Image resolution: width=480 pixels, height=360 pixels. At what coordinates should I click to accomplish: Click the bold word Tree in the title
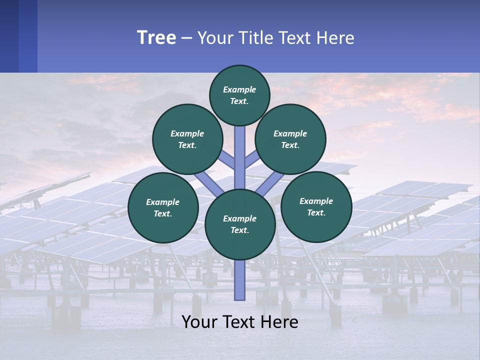(x=156, y=38)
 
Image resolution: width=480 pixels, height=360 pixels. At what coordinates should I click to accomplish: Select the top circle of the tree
(x=239, y=95)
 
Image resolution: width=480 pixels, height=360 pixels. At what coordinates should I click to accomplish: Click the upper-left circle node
(x=187, y=139)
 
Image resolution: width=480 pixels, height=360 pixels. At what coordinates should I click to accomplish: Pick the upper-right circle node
(x=290, y=139)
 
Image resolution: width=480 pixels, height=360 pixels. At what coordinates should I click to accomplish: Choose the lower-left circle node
(x=162, y=207)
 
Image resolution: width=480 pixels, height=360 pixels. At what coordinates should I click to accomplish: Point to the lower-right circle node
(x=316, y=206)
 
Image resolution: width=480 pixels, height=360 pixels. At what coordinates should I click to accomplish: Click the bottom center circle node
(x=239, y=224)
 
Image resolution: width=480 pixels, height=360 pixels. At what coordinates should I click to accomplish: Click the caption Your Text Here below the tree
(x=239, y=322)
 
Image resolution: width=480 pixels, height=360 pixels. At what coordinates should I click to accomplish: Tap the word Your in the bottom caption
(x=199, y=322)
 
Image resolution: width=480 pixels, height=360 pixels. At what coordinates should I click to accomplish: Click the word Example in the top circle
(x=239, y=89)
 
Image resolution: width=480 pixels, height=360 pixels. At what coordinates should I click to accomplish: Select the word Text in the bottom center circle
(x=238, y=230)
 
